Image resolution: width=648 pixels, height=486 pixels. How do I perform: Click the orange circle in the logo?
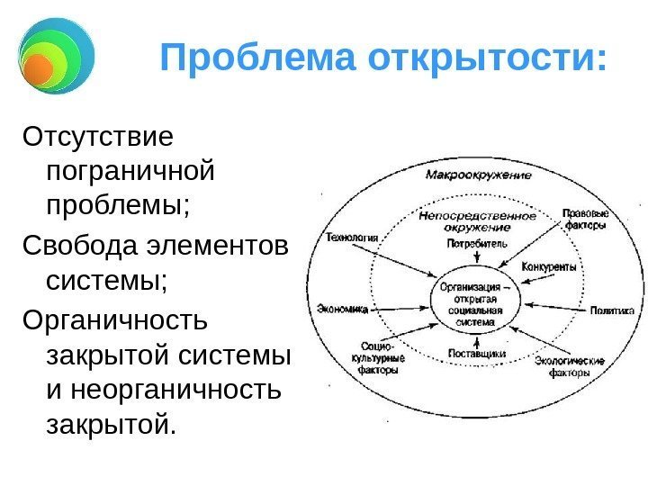[x=38, y=67]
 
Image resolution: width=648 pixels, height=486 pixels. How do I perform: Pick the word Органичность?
[x=114, y=319]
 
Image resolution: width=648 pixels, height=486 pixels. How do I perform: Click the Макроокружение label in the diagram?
[x=477, y=175]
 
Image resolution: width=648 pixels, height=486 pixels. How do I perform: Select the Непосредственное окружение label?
[x=477, y=220]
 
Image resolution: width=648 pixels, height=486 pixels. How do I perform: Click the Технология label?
[x=351, y=238]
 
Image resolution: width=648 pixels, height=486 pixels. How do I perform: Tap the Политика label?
[x=612, y=310]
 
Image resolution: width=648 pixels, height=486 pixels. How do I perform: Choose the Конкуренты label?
[x=549, y=268]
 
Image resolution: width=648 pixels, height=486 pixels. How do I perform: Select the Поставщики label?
[x=477, y=355]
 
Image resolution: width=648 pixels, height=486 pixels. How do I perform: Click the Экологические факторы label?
[x=564, y=366]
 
